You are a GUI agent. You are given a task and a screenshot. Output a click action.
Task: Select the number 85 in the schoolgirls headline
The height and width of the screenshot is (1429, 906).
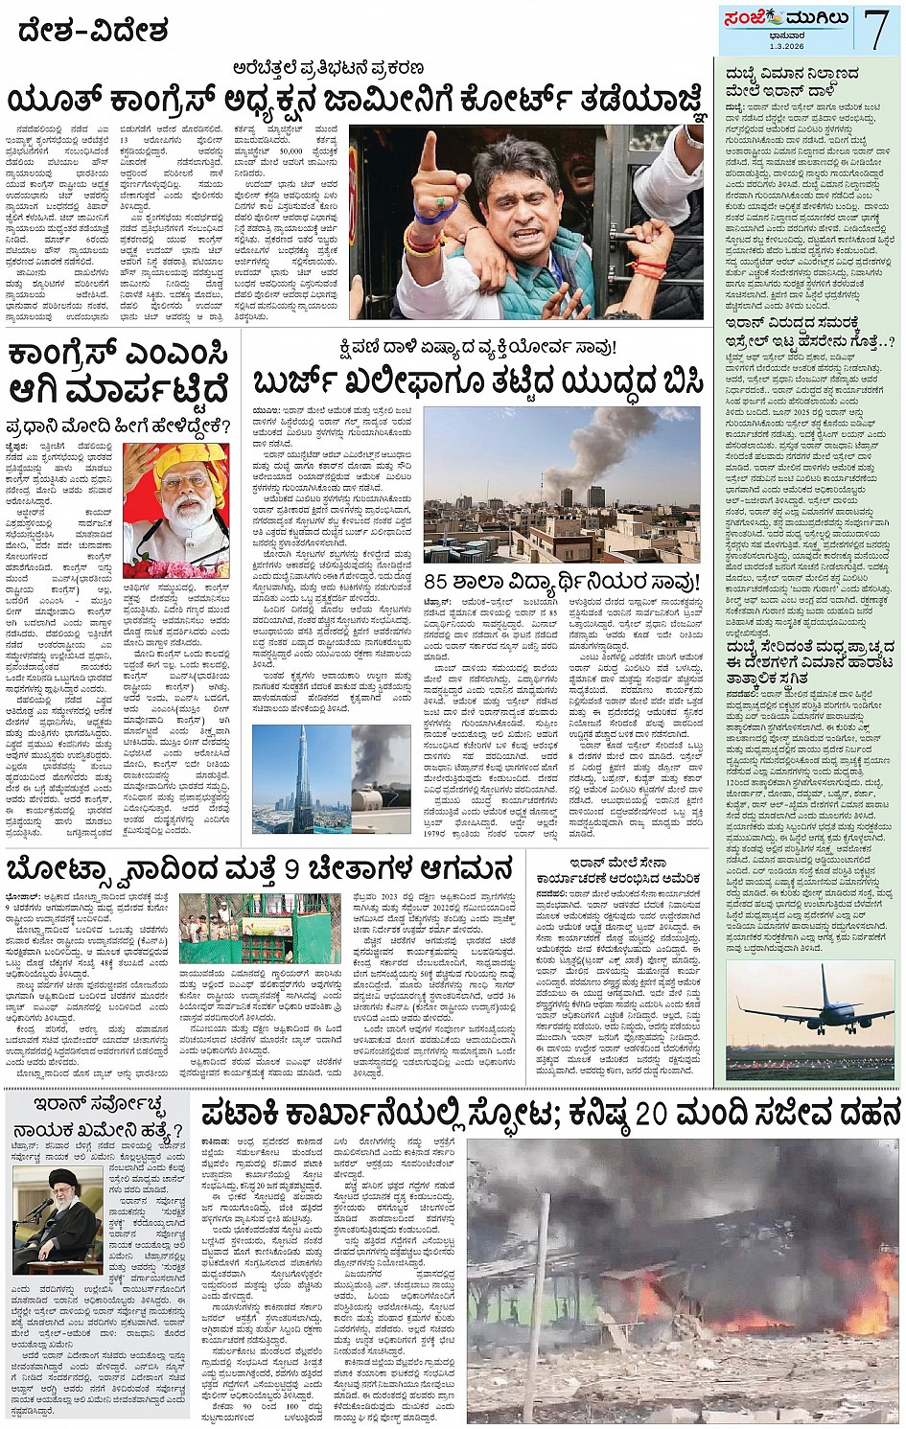click(x=436, y=581)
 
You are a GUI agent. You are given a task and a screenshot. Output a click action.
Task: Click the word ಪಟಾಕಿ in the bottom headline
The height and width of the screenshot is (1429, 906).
click(x=246, y=1116)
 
